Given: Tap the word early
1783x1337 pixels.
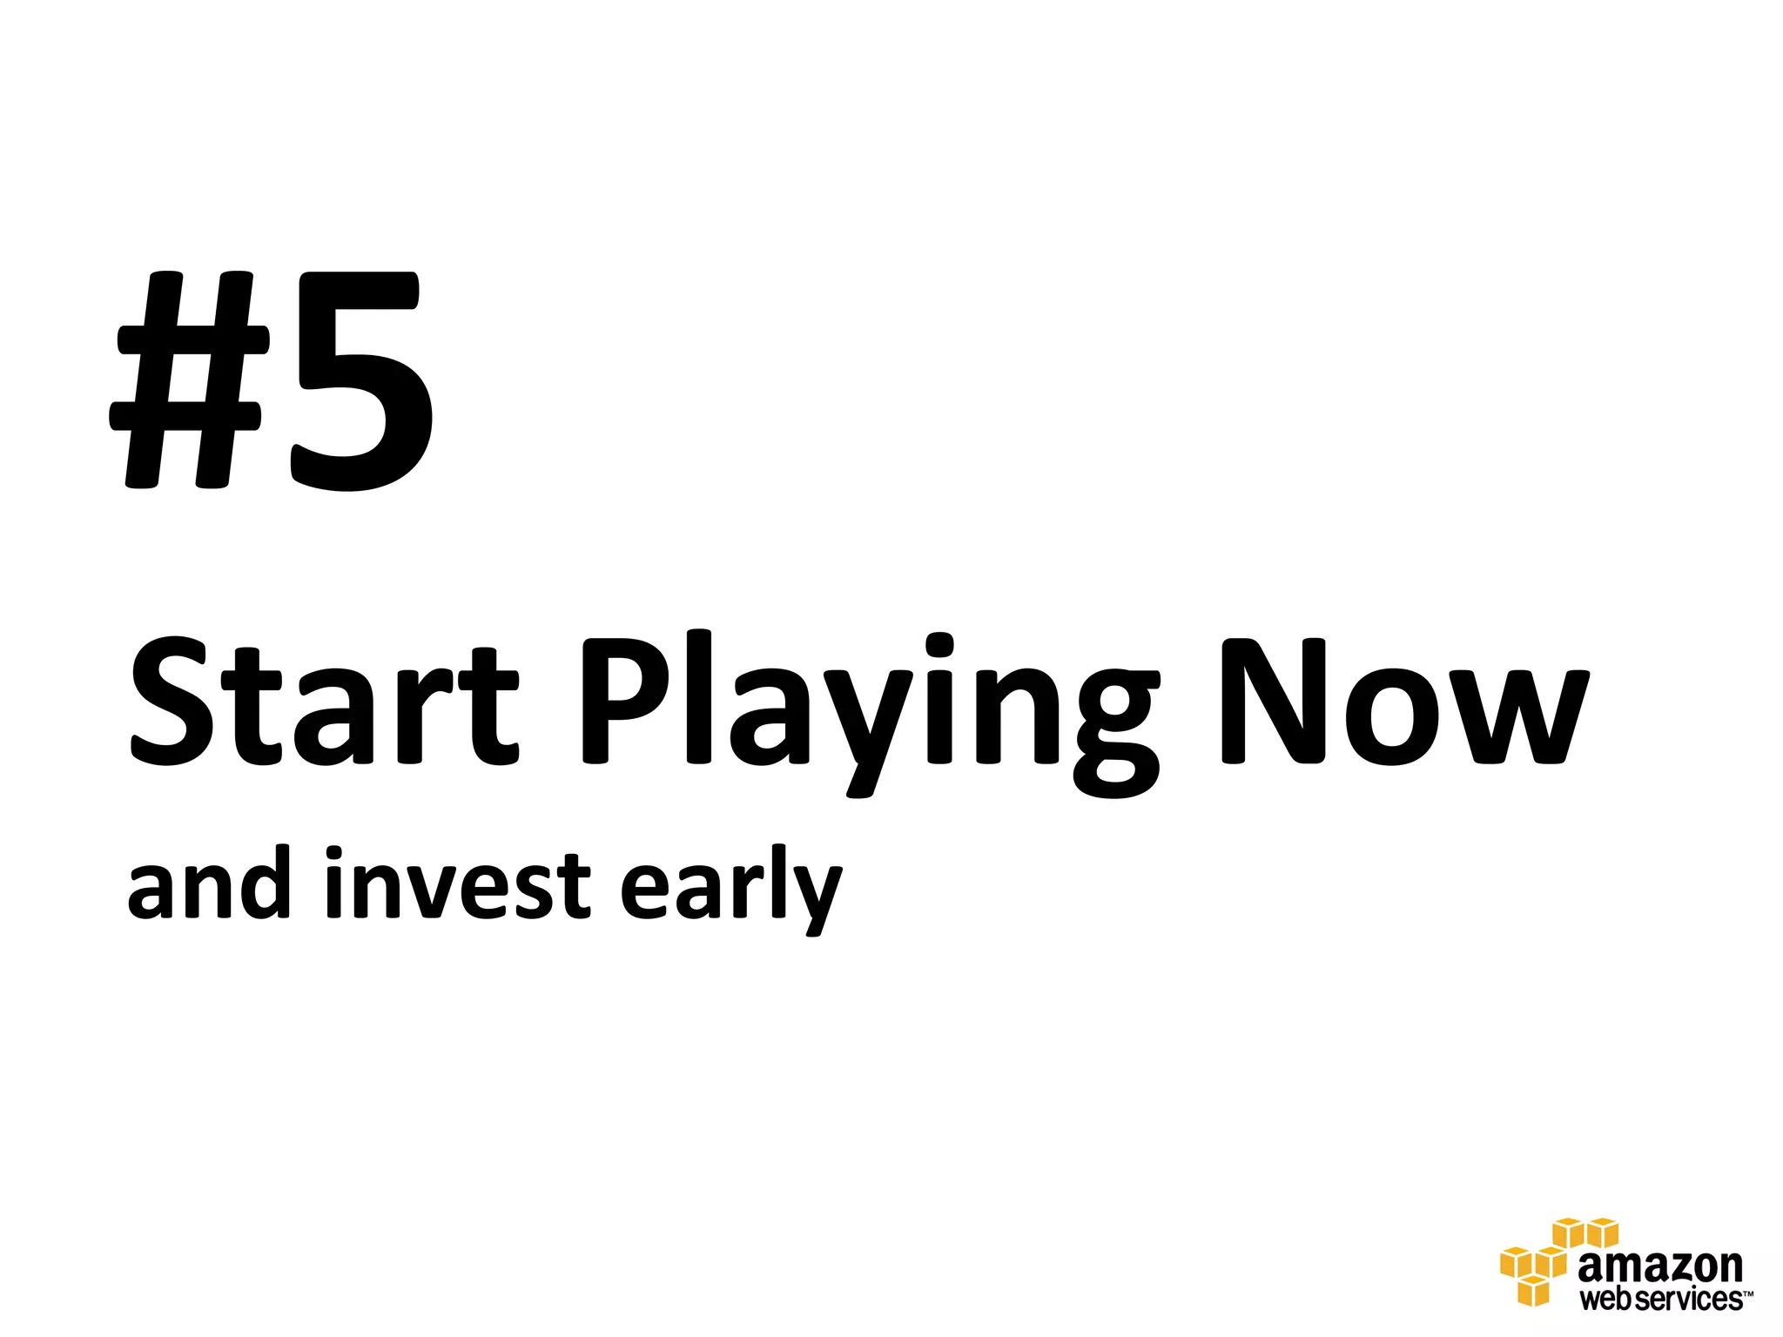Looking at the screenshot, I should coord(731,888).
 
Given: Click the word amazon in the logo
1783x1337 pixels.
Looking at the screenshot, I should coord(1660,1266).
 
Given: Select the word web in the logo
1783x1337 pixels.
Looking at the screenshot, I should coord(1607,1300).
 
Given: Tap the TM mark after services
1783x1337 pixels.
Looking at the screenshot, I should coord(1747,1293).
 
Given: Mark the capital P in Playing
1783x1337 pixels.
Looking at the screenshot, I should coord(625,702).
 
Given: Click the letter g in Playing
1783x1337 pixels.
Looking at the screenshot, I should coord(1118,731).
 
